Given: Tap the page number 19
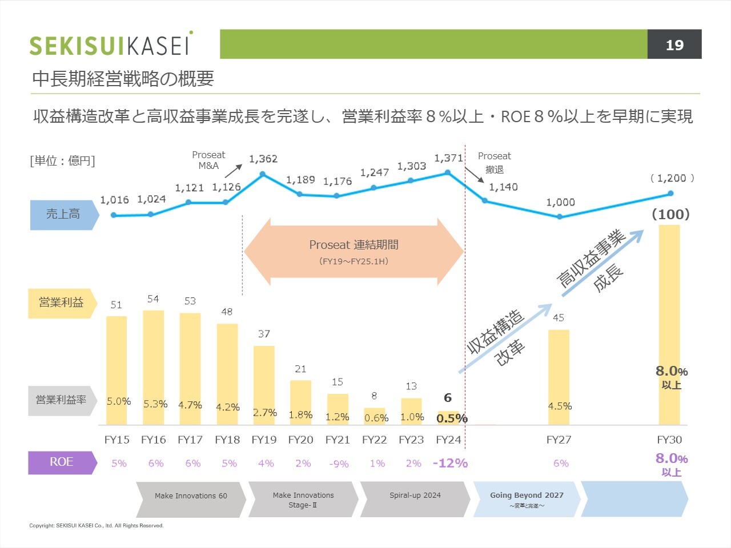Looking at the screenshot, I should click(674, 45).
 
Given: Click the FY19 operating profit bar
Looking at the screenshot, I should click(264, 385).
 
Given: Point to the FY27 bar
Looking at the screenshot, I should click(559, 377).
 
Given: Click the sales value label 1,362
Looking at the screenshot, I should click(263, 159).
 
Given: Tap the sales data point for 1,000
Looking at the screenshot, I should click(560, 217).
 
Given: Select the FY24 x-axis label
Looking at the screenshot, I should click(448, 440).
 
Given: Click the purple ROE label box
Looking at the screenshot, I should click(62, 462).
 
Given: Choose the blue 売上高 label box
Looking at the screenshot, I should click(63, 215).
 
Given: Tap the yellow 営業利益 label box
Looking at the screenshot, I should click(62, 303).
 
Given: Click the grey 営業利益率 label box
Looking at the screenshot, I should click(62, 400).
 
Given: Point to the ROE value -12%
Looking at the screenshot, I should click(450, 463).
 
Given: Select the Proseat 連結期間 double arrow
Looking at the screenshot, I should click(354, 251).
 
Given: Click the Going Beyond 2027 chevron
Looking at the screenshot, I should click(527, 499).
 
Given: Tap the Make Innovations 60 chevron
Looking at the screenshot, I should click(191, 499).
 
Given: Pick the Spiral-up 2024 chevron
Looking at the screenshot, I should click(415, 499).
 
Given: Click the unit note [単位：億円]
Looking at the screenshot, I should click(62, 161).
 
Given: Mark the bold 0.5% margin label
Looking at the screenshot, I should click(452, 418).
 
